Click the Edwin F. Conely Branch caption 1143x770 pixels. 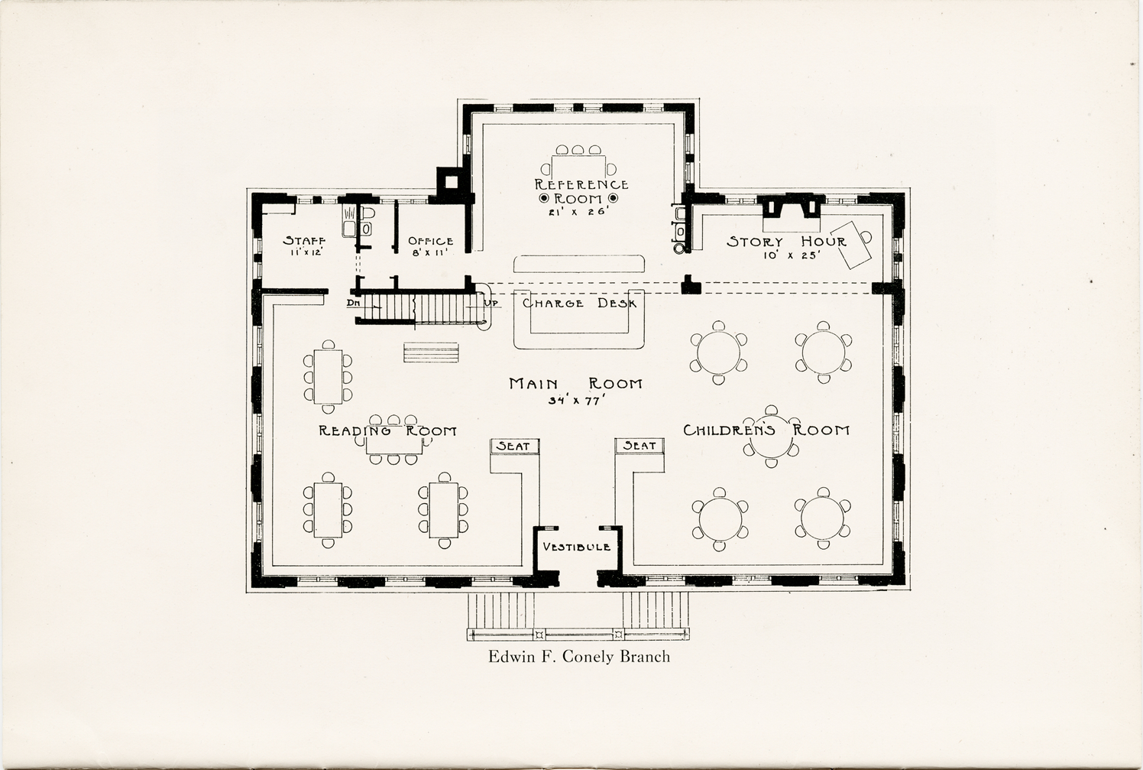point(579,657)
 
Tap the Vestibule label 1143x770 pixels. point(577,547)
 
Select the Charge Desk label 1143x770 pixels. point(580,304)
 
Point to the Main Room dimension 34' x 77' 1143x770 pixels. point(576,401)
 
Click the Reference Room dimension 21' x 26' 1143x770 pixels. point(578,212)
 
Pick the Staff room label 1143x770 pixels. point(304,241)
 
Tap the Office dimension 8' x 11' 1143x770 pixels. point(430,252)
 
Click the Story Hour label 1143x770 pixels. point(786,242)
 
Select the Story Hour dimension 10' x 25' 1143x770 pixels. point(791,255)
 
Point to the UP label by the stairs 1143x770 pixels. point(494,304)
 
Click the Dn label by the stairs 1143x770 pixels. point(353,303)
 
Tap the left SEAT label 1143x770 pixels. point(513,446)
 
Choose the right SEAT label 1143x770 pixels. point(639,446)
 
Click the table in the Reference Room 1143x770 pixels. point(578,167)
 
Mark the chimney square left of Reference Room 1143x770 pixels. point(451,182)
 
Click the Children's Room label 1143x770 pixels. point(766,430)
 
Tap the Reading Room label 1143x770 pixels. point(388,430)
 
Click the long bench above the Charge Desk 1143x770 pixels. point(578,264)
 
